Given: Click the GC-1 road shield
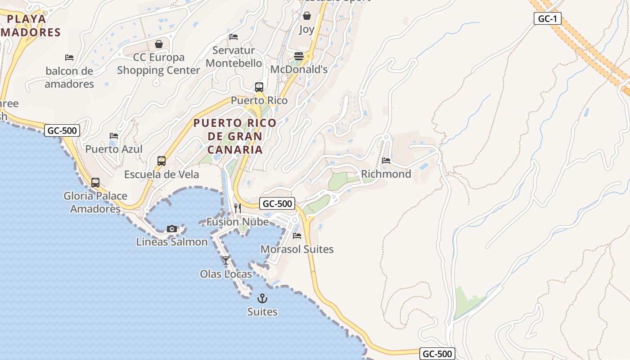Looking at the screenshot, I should [548, 18].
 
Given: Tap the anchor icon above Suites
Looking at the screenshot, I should [262, 298].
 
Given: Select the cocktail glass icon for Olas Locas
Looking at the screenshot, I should [226, 260].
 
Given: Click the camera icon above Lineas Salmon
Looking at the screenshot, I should [171, 229].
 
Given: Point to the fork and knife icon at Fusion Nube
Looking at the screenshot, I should [238, 208].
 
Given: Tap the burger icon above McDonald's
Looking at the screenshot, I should [299, 56].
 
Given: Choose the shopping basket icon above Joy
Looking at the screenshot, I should [307, 16].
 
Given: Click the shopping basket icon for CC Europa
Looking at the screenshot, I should [158, 44].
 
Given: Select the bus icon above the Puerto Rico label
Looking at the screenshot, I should [259, 87].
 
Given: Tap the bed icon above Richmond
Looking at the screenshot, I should [386, 161].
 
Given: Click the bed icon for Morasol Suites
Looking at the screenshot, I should [297, 235].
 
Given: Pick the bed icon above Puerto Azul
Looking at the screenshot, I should [114, 135].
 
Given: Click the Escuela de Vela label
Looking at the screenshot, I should [162, 174].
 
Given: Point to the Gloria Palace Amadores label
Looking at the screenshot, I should [95, 202].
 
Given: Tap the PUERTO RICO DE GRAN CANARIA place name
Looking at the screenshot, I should [234, 136].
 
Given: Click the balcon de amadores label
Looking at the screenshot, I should [69, 77].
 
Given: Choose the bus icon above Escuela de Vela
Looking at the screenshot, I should [162, 161].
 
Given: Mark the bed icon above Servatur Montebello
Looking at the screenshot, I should [234, 37].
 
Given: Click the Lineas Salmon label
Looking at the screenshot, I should [172, 242].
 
